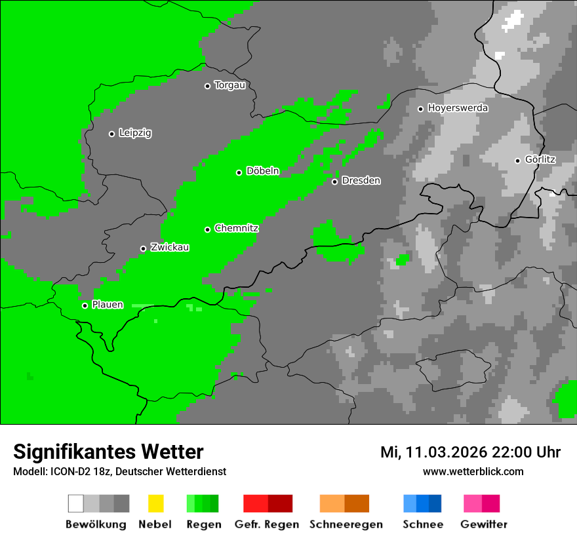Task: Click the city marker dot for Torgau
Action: [207, 86]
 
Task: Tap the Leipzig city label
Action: [135, 133]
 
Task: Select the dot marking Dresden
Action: [334, 182]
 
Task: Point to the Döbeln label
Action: [262, 171]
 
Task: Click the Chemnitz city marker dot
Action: [207, 229]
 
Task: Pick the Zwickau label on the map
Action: [170, 247]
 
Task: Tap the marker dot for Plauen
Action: [85, 305]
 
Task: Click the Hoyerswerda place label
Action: [458, 108]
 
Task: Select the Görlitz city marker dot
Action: [517, 161]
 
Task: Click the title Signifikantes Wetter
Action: [108, 452]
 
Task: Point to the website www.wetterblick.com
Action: [473, 472]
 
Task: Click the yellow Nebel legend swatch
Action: [155, 503]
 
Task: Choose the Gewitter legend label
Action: [483, 524]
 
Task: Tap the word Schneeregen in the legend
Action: [346, 524]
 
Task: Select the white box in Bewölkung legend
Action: [76, 503]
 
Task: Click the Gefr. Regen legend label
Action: [266, 524]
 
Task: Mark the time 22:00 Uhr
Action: [530, 452]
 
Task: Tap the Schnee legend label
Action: [422, 524]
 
